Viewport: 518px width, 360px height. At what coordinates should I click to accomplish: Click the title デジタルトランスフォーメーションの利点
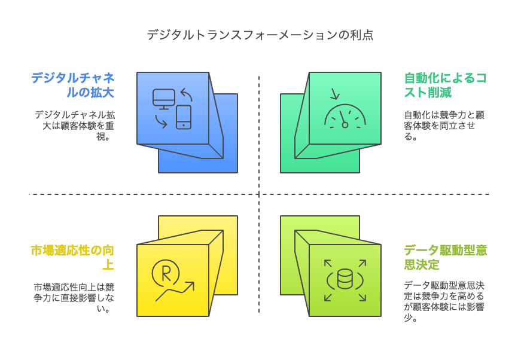[x=260, y=35]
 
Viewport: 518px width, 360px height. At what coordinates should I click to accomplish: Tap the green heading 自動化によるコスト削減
[x=446, y=85]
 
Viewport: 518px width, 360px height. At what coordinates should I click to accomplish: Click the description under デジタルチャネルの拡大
[x=73, y=124]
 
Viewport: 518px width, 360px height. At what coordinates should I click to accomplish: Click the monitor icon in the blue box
[x=164, y=99]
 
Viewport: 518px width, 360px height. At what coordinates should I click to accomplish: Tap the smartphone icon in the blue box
[x=183, y=117]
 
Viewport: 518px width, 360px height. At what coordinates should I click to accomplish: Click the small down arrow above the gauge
[x=334, y=93]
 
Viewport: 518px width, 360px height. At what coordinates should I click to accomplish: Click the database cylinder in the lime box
[x=345, y=279]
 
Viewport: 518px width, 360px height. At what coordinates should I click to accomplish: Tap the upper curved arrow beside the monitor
[x=186, y=94]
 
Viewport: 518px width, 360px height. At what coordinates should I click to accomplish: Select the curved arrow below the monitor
[x=160, y=121]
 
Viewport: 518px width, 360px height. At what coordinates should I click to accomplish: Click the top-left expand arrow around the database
[x=328, y=263]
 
